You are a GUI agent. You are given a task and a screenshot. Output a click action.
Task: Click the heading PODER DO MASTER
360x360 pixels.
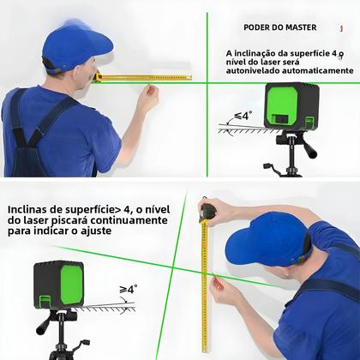click(x=280, y=27)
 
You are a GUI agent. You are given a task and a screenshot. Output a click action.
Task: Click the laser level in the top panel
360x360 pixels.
click(x=291, y=105)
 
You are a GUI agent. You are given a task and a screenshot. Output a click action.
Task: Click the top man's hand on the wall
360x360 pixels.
click(x=149, y=95)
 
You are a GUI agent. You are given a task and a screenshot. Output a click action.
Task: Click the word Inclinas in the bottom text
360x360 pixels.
click(x=30, y=208)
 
